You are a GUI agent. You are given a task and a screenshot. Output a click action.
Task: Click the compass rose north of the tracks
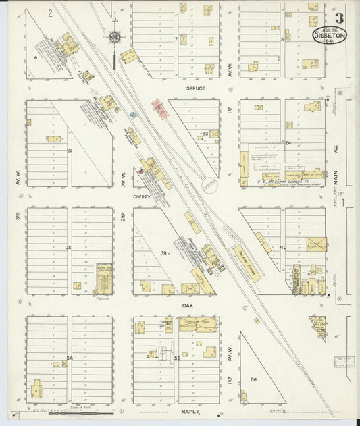(x=115, y=36)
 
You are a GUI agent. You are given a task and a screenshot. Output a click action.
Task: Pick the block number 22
(x=69, y=150)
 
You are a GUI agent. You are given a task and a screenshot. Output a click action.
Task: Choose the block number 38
(x=68, y=248)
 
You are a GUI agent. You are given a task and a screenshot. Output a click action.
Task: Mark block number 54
(x=69, y=358)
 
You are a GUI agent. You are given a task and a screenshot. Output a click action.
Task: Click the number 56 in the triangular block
(x=253, y=379)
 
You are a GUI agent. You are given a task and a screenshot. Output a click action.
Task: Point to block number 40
(x=283, y=248)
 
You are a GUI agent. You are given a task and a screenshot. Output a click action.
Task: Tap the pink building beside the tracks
(x=160, y=108)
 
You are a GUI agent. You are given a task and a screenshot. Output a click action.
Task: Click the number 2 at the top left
(x=51, y=13)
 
